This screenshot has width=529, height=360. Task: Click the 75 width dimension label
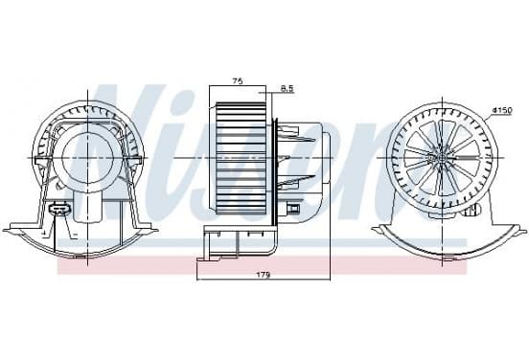238,81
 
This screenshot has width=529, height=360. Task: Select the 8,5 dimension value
287,88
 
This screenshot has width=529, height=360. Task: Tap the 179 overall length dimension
264,275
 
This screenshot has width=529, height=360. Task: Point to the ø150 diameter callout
502,110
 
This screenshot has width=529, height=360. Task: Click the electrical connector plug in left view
59,210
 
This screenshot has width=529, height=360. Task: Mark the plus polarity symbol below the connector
43,233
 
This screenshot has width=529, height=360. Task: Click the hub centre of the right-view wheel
442,158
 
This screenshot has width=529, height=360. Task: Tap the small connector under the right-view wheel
471,211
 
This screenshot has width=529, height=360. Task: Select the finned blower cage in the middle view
241,158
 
